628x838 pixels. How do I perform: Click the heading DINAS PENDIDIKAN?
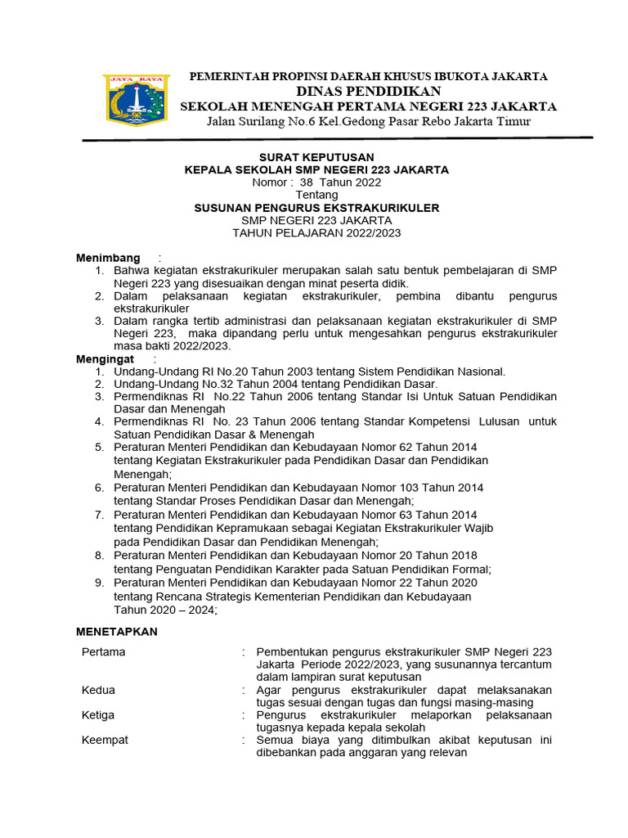click(368, 91)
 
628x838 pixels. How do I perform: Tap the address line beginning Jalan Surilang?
click(368, 121)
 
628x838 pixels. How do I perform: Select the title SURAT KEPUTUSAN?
click(316, 157)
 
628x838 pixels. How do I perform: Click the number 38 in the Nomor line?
click(307, 182)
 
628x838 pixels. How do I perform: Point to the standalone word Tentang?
click(316, 196)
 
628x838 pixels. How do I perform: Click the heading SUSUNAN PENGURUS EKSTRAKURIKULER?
click(316, 208)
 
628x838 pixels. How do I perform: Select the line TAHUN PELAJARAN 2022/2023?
click(316, 232)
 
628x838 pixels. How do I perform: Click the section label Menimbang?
click(108, 258)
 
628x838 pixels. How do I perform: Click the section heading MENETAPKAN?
click(117, 632)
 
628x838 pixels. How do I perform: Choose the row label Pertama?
click(104, 652)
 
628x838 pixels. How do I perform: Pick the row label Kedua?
click(99, 690)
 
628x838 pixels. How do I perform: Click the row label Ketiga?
click(99, 714)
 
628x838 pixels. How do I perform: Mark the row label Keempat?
click(105, 740)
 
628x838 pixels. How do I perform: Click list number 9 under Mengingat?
click(98, 583)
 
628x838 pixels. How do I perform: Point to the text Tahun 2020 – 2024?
click(166, 609)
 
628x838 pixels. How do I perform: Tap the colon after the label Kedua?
click(244, 690)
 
